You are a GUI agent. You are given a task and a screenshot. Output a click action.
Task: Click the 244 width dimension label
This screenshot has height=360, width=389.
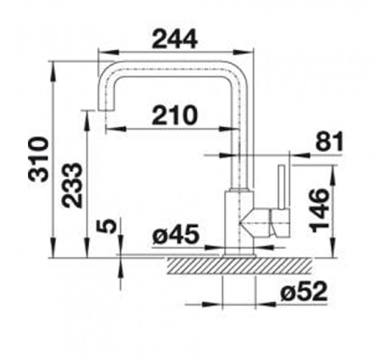[174, 39]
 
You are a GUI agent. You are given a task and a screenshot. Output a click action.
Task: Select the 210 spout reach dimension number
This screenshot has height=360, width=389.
[174, 115]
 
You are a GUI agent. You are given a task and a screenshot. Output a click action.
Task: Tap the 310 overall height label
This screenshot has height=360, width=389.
[38, 160]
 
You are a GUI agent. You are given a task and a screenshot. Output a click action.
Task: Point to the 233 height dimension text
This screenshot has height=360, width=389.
[72, 185]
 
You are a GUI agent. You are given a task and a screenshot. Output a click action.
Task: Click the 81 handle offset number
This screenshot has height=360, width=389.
[330, 141]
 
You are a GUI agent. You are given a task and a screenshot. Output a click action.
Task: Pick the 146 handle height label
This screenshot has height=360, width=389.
[320, 210]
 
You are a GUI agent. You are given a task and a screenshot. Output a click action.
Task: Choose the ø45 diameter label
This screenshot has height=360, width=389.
[176, 234]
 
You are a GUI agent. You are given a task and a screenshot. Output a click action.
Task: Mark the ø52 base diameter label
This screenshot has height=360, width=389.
[304, 291]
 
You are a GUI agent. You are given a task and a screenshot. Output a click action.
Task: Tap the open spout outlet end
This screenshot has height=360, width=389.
[106, 110]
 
